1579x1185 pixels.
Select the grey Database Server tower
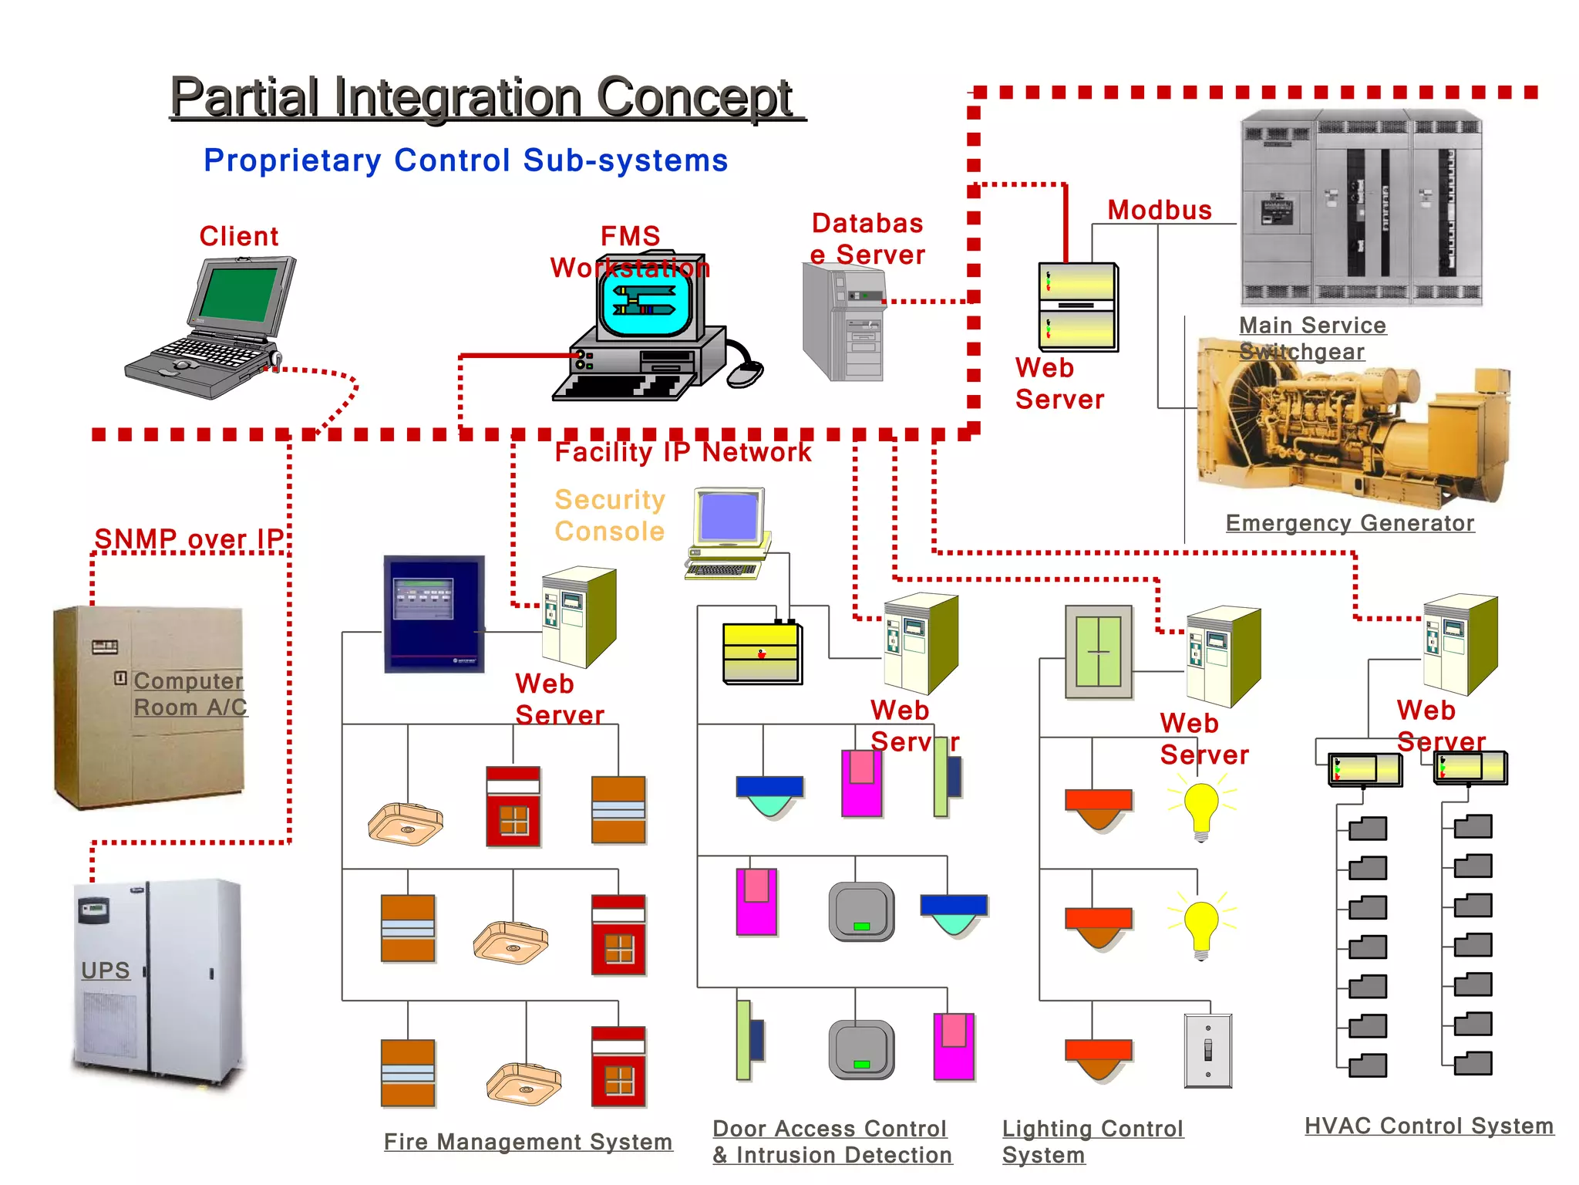click(x=842, y=324)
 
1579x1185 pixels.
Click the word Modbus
click(x=1159, y=210)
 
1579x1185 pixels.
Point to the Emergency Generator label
click(x=1349, y=523)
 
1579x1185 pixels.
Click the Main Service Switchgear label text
click(x=1311, y=338)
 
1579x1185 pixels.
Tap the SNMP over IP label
click(x=189, y=538)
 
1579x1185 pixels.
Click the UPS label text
click(x=106, y=970)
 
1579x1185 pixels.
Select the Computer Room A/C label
click(x=190, y=694)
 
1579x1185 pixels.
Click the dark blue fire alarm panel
click(x=434, y=614)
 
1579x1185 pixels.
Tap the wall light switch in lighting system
click(x=1207, y=1050)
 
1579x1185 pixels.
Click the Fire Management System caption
click(x=528, y=1141)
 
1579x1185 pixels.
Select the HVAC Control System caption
click(x=1429, y=1126)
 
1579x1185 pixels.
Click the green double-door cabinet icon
click(x=1099, y=652)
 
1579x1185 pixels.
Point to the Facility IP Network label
click(x=682, y=452)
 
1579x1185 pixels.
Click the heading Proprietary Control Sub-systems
click(x=466, y=160)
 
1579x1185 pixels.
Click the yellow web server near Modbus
click(x=1077, y=306)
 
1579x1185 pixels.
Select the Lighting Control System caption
click(x=1091, y=1141)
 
